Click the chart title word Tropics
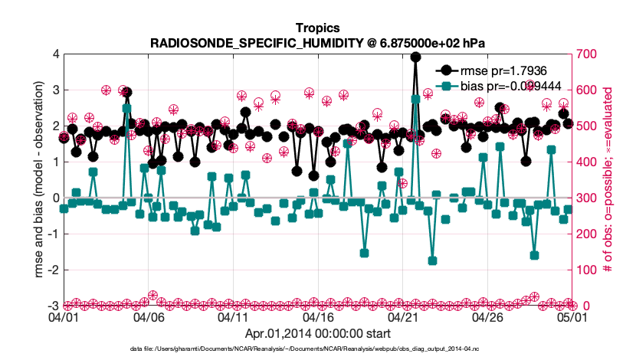pos(317,29)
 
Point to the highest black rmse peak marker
pos(415,57)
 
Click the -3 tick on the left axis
pos(54,306)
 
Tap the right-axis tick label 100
pos(588,270)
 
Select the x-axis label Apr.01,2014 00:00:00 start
pos(317,334)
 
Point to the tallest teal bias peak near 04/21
pos(415,99)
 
